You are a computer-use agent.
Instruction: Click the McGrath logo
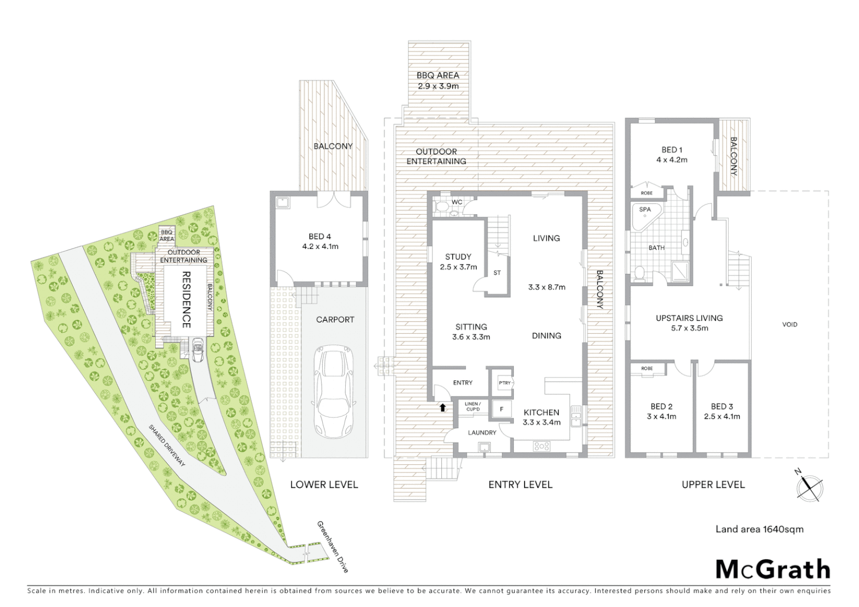pyautogui.click(x=772, y=569)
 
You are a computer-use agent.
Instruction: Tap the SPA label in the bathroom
pyautogui.click(x=645, y=210)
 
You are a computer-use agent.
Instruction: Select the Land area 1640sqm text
pyautogui.click(x=759, y=529)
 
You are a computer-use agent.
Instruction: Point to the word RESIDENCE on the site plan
pyautogui.click(x=186, y=300)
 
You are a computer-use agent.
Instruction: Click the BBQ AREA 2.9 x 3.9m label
pyautogui.click(x=438, y=80)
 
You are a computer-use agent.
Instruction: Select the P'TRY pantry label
pyautogui.click(x=505, y=383)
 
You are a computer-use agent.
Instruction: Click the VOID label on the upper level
pyautogui.click(x=789, y=324)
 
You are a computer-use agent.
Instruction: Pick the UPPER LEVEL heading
pyautogui.click(x=713, y=484)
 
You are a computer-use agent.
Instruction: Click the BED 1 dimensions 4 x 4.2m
pyautogui.click(x=672, y=160)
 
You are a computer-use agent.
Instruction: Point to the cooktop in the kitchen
pyautogui.click(x=541, y=447)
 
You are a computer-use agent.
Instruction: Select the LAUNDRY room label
pyautogui.click(x=482, y=433)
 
